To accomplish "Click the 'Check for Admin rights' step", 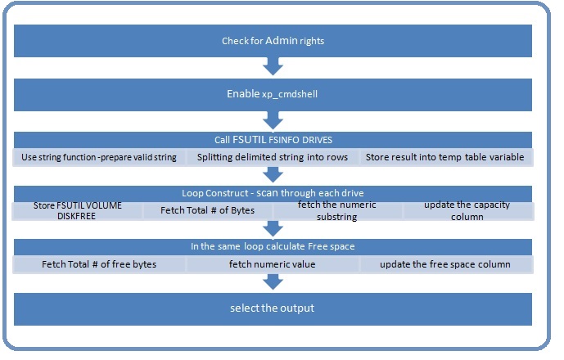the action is click(x=273, y=41).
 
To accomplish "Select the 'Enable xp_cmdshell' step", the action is click(x=273, y=95).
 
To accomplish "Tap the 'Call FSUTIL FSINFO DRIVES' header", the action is click(x=273, y=140).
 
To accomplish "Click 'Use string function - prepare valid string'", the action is click(x=99, y=157).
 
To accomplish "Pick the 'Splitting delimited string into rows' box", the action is click(x=273, y=157).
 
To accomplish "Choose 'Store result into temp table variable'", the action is click(x=446, y=157).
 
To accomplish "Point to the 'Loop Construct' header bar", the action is click(x=273, y=193).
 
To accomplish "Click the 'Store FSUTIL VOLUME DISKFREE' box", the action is click(x=77, y=211).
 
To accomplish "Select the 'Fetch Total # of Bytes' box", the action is click(x=208, y=211).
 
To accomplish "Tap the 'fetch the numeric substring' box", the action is click(x=337, y=211).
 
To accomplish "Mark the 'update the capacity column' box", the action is click(x=467, y=211).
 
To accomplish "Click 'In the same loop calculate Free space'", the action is click(x=273, y=247).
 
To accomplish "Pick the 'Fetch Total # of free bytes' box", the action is click(x=99, y=264).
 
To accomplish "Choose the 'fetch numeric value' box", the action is click(x=273, y=264).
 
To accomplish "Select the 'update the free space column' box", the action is click(x=446, y=264).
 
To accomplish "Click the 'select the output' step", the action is click(x=273, y=309).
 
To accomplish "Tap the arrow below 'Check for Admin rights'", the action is click(x=273, y=66).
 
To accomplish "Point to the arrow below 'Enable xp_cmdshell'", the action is click(x=273, y=120).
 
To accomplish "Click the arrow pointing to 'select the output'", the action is click(x=273, y=282).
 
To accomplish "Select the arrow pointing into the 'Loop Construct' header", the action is click(x=273, y=174).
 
